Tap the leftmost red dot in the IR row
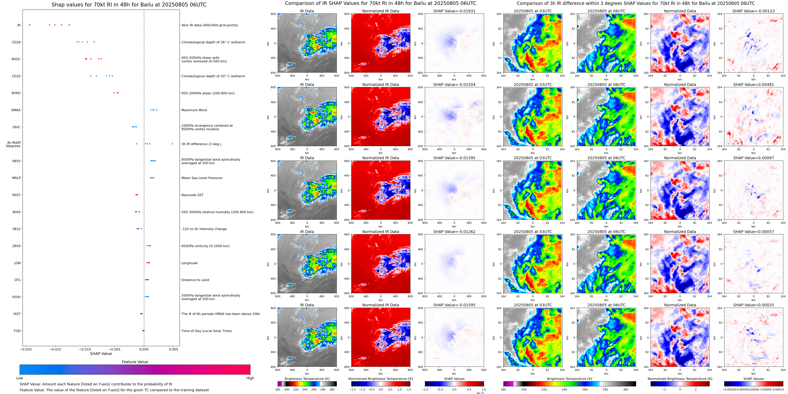(x=30, y=25)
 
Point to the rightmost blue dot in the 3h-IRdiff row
(x=172, y=144)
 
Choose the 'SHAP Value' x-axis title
(x=101, y=354)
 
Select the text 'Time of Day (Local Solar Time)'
(x=206, y=331)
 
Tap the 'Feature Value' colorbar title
(x=135, y=362)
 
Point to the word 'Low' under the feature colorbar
(x=20, y=378)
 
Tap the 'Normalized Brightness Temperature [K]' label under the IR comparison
(x=381, y=379)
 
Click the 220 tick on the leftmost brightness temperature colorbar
(x=296, y=389)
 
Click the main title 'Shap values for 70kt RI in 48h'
(x=129, y=5)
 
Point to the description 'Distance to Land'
(x=195, y=280)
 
